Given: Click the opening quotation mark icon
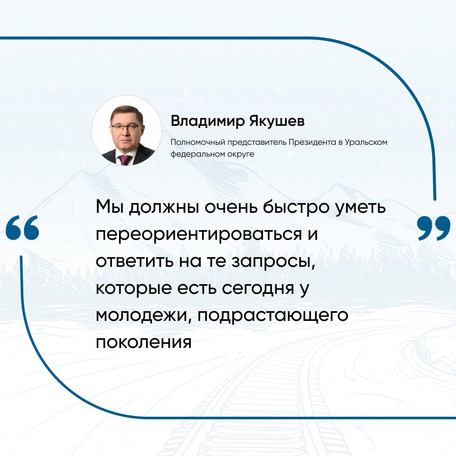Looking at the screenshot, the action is coord(22,228).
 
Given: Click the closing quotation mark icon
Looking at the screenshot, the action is coord(434,228).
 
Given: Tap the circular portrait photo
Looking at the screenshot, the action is coord(127,130).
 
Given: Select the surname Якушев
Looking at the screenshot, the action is coord(277,120).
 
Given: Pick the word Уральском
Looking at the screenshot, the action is coord(366,142).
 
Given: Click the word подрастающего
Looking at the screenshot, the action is coord(273,315).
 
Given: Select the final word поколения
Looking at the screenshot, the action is coord(144,342).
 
